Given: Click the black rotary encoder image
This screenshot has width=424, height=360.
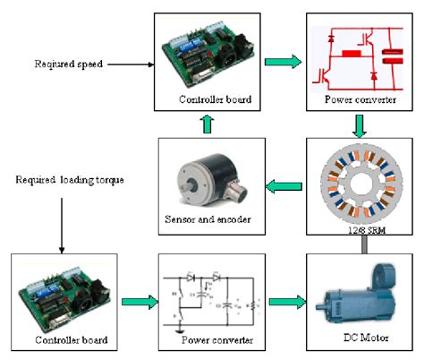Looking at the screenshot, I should click(205, 175).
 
